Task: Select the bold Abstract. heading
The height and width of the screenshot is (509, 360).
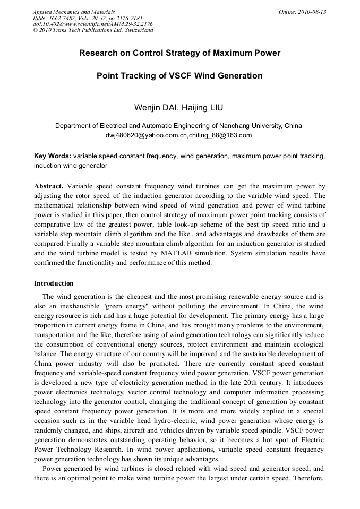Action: point(49,186)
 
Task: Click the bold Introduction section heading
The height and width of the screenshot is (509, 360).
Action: point(54,283)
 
